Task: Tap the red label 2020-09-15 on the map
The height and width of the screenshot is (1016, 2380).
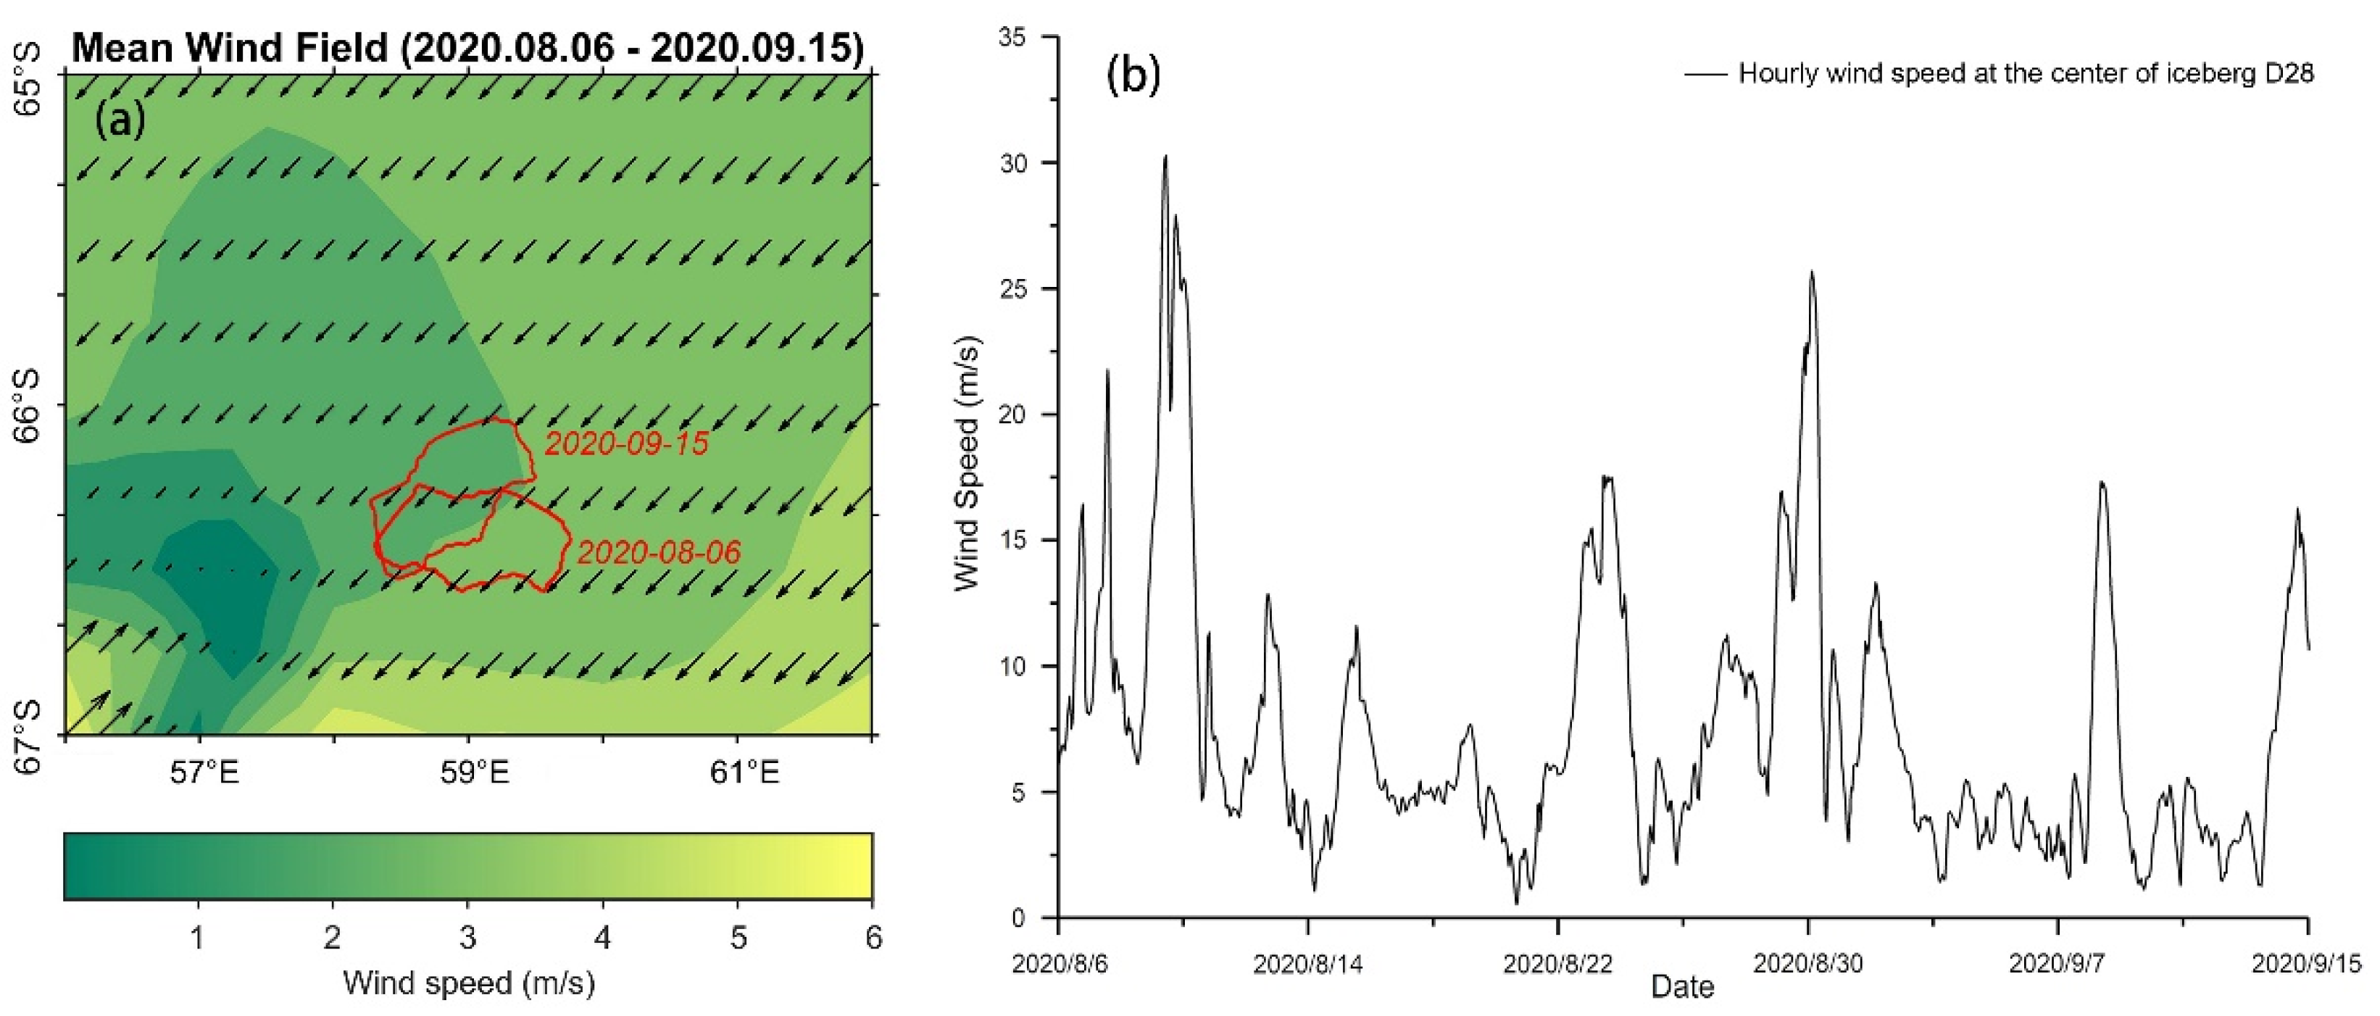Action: [x=626, y=444]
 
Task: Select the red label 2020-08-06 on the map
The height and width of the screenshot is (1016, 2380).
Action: [x=659, y=552]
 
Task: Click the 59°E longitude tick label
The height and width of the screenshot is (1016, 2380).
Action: [x=474, y=773]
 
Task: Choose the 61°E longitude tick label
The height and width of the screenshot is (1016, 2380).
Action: [x=744, y=773]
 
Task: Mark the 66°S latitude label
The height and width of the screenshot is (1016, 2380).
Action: [x=28, y=407]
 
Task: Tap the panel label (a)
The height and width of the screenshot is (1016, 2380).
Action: [x=120, y=120]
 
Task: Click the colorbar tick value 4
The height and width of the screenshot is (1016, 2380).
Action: [x=602, y=938]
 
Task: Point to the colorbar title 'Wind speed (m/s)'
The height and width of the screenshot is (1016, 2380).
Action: [x=468, y=983]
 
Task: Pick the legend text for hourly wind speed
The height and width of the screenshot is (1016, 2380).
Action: [x=2025, y=74]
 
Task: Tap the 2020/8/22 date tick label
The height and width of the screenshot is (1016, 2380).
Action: [x=1557, y=963]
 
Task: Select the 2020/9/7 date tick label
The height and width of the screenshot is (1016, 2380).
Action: [x=2057, y=963]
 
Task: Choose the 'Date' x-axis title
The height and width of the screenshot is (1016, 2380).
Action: [x=1682, y=986]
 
